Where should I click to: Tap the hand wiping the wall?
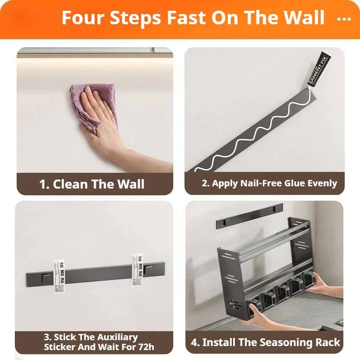pyautogui.click(x=101, y=119)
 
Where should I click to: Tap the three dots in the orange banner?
pyautogui.click(x=344, y=19)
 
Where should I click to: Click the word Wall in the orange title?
pyautogui.click(x=302, y=18)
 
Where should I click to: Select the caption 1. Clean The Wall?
pyautogui.click(x=92, y=184)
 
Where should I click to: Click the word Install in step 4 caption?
pyautogui.click(x=218, y=342)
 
